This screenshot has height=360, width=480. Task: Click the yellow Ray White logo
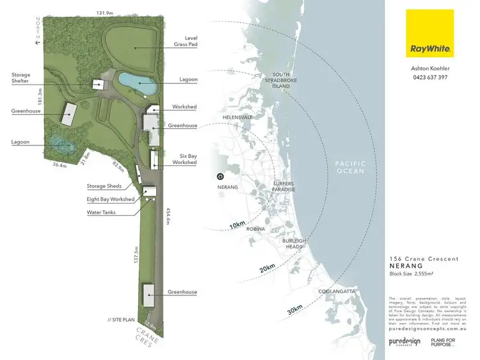point(429,33)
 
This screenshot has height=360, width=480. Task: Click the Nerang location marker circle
point(220,176)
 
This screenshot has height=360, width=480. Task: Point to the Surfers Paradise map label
point(284,186)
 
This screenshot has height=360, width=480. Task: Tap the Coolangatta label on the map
point(337,291)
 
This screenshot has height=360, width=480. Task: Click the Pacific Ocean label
point(349,167)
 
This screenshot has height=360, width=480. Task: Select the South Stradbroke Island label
point(282,81)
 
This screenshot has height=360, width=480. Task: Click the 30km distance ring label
point(294,309)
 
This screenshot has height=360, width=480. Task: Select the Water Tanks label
point(101,212)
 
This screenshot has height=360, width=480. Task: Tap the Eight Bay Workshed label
point(110,199)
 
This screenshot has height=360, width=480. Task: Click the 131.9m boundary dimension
point(105,13)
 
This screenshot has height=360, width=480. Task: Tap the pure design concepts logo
point(404,343)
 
